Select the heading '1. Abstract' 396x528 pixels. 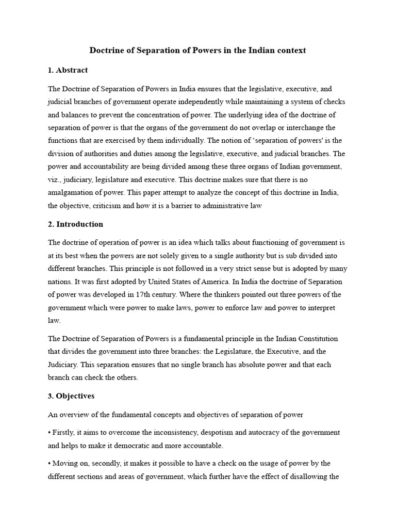tap(68, 70)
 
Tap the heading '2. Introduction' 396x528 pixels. tap(76, 224)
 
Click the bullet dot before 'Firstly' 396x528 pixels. tap(49, 432)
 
